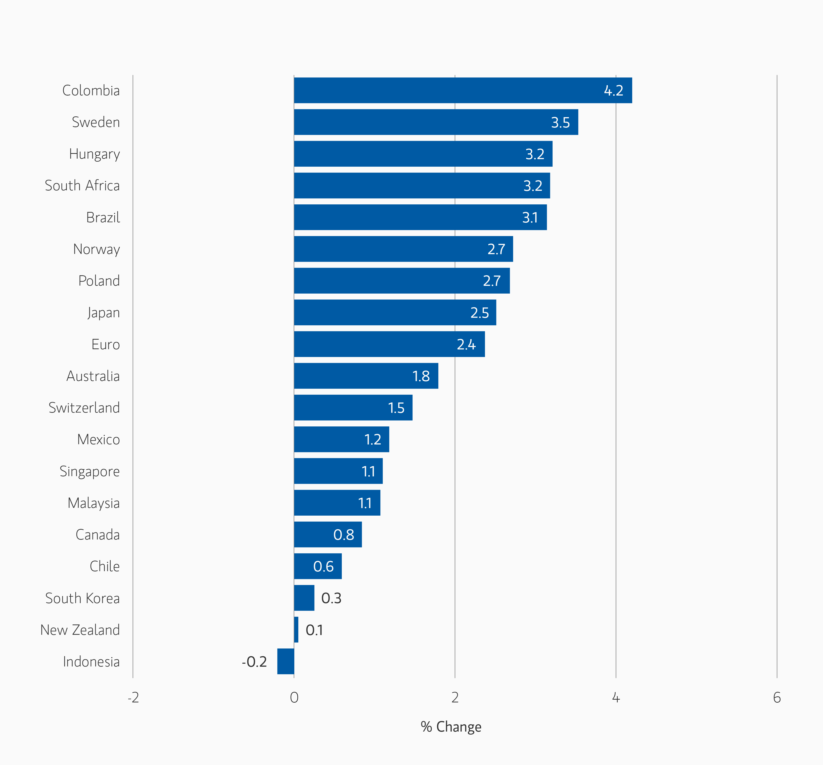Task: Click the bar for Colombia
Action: (x=463, y=90)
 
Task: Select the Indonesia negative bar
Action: (x=286, y=661)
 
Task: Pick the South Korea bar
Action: (x=304, y=598)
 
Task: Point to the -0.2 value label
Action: (x=254, y=661)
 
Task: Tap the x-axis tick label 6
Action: (x=777, y=698)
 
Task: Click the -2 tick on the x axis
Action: (x=133, y=698)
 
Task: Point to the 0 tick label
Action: (x=294, y=698)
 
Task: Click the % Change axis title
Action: (x=451, y=727)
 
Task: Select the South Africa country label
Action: (x=82, y=186)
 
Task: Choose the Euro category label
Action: (x=106, y=344)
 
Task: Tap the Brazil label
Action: (x=103, y=217)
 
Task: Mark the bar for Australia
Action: (x=366, y=376)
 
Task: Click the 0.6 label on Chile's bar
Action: (x=323, y=566)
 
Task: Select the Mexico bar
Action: (x=342, y=439)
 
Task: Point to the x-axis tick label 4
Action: (x=616, y=698)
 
